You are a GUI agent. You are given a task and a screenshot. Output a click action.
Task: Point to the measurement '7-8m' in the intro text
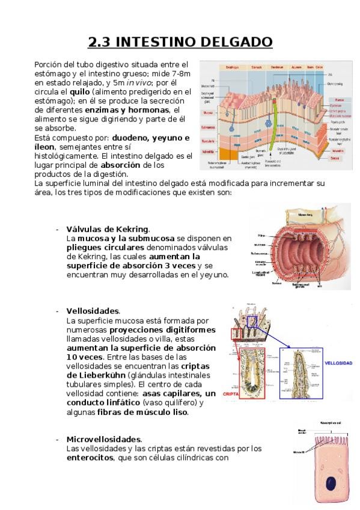click(x=179, y=73)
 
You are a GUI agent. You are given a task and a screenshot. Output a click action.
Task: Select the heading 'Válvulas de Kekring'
click(x=108, y=230)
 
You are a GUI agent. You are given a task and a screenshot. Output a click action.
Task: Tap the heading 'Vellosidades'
click(x=93, y=311)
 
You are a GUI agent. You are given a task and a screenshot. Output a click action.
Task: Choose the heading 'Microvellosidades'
click(x=104, y=440)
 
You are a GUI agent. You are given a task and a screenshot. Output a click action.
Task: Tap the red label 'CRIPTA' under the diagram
click(x=231, y=395)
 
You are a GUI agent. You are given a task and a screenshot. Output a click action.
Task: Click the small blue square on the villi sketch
click(x=251, y=322)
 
